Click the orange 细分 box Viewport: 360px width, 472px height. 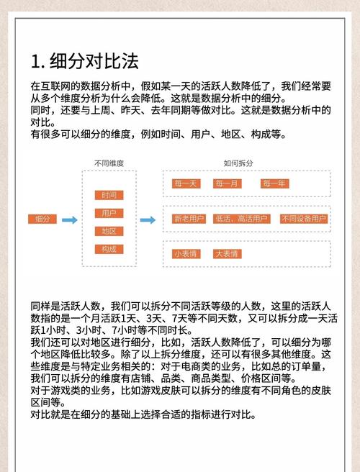[42, 219]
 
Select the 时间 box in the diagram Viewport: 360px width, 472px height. [109, 195]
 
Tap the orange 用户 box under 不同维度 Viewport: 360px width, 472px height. [109, 213]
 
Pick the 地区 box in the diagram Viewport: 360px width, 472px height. [109, 231]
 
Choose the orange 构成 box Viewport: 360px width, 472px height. [109, 249]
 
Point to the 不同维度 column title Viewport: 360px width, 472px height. [109, 164]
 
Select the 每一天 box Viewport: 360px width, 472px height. [185, 183]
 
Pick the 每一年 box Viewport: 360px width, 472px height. [274, 183]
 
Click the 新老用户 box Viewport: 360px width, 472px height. [188, 219]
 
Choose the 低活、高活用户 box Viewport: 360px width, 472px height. [241, 219]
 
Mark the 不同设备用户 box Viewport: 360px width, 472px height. [303, 219]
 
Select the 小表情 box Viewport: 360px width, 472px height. [185, 253]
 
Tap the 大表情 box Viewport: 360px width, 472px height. [228, 253]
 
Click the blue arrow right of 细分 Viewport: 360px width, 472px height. [70, 219]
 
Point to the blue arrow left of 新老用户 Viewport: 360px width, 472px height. [147, 219]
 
